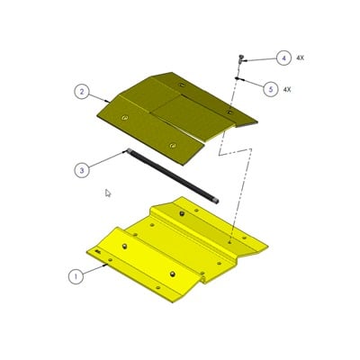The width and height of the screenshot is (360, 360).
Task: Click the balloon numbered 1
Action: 77,275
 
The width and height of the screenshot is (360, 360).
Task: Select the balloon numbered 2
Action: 81,91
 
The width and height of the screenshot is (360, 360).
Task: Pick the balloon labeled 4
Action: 284,58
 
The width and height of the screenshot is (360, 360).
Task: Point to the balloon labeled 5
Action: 271,88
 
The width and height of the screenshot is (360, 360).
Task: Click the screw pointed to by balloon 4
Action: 243,58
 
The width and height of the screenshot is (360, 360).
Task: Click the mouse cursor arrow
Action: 108,193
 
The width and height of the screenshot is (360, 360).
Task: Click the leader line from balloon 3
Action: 108,159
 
